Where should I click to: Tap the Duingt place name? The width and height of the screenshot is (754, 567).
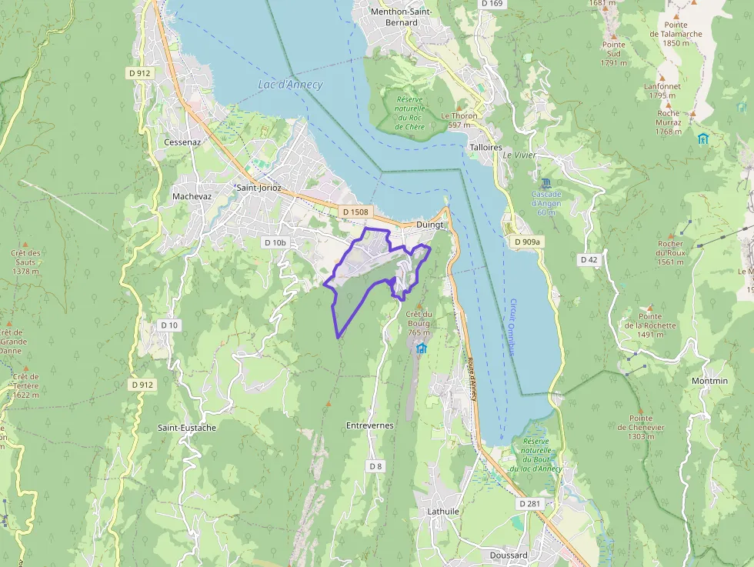[430, 225]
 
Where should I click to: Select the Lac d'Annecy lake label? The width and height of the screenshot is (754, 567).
[290, 85]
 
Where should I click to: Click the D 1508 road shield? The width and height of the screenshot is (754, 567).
[355, 212]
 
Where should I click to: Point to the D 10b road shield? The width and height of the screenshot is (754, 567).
[275, 242]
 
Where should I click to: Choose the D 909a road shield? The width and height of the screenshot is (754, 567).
[526, 242]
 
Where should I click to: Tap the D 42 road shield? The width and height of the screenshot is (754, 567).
[589, 260]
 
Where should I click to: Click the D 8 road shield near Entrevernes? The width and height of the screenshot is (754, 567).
[375, 466]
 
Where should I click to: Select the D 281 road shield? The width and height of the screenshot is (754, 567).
[530, 503]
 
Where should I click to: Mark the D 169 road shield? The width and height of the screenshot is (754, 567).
[492, 4]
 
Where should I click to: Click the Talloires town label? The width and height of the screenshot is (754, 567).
[485, 147]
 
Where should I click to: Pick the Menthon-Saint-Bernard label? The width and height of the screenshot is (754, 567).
[400, 17]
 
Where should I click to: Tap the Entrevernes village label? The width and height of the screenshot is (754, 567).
[369, 425]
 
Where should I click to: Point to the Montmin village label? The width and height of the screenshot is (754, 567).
[709, 381]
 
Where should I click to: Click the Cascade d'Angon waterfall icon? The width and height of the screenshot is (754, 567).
[545, 183]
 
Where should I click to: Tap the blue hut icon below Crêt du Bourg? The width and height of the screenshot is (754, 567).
[422, 349]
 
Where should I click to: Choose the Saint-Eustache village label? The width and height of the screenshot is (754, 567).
[186, 427]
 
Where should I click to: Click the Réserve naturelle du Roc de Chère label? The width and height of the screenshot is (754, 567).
[410, 112]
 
